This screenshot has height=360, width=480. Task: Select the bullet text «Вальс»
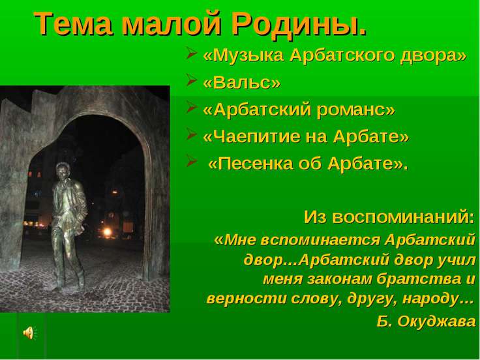241,83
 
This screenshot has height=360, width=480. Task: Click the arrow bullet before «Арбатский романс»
191,108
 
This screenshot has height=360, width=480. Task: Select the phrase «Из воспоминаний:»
389,217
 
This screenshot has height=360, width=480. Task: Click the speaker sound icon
30,333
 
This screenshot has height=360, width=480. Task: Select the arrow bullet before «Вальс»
191,80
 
